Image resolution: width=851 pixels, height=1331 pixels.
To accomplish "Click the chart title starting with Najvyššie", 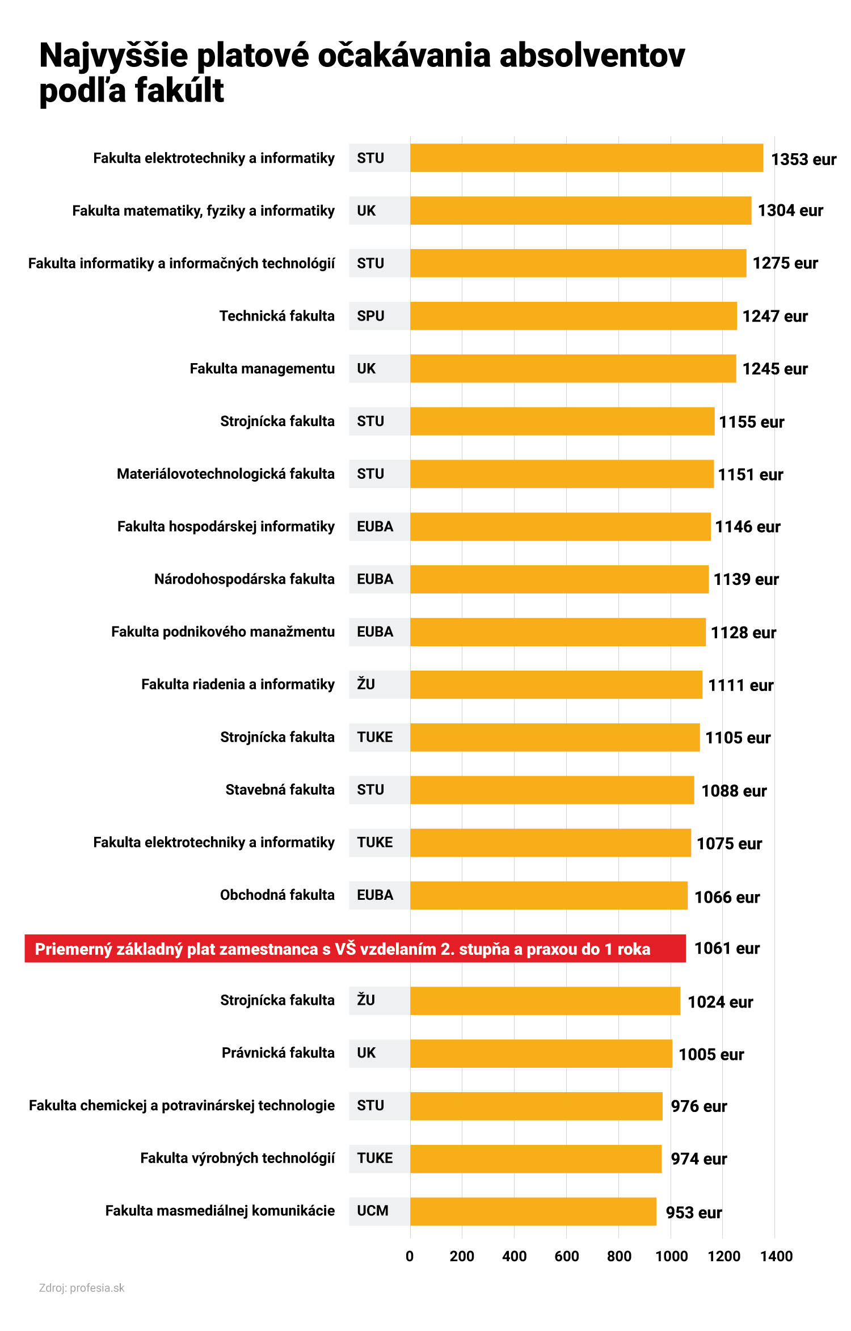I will click(362, 72).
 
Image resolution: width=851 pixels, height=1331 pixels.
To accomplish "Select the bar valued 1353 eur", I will click(586, 158).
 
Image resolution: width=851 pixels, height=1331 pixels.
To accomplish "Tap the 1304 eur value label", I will click(790, 210).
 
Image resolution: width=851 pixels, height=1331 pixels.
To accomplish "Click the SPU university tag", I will click(370, 316).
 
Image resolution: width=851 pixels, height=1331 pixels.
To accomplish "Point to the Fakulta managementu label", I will click(262, 369).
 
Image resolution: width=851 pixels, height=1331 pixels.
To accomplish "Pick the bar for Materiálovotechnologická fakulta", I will click(562, 474).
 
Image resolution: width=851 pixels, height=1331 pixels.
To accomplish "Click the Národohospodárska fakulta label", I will click(245, 579).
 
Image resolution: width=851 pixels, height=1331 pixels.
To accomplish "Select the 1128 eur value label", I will click(743, 633).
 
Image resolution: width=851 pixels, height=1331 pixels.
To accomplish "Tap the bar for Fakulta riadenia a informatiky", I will click(556, 685).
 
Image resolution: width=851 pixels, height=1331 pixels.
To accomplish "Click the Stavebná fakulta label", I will click(280, 790).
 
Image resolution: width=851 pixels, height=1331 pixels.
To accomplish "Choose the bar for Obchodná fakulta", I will click(549, 895).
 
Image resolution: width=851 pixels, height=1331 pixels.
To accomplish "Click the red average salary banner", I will click(355, 949).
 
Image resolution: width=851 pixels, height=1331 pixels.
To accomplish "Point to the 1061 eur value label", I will click(727, 949).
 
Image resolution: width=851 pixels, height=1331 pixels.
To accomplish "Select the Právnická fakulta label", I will click(278, 1053).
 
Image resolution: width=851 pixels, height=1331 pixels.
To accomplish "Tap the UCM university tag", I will click(373, 1211).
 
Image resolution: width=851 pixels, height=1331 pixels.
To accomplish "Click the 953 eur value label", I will click(693, 1213).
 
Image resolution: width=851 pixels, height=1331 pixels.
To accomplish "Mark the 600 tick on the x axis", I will click(566, 1256).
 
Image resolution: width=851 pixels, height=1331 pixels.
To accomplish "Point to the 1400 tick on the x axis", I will click(776, 1256).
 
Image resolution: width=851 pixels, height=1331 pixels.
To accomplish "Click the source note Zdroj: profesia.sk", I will click(82, 1288).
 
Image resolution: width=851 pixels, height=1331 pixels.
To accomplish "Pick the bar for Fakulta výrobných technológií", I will click(536, 1159).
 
